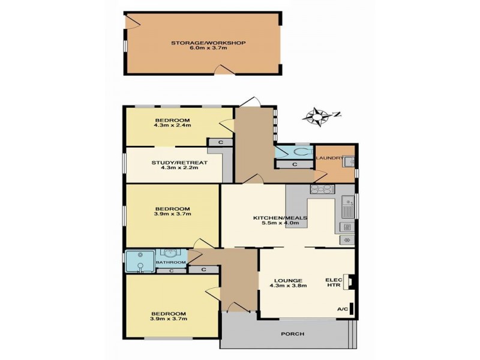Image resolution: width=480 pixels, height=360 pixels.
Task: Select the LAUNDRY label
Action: tap(328, 158)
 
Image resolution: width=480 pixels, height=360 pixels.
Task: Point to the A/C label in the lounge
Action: tap(343, 309)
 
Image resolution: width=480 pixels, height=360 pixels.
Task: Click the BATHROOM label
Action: tap(171, 263)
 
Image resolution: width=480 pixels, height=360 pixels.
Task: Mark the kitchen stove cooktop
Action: tap(322, 189)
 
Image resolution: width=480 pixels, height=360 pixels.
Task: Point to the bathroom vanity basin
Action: tap(170, 254)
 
